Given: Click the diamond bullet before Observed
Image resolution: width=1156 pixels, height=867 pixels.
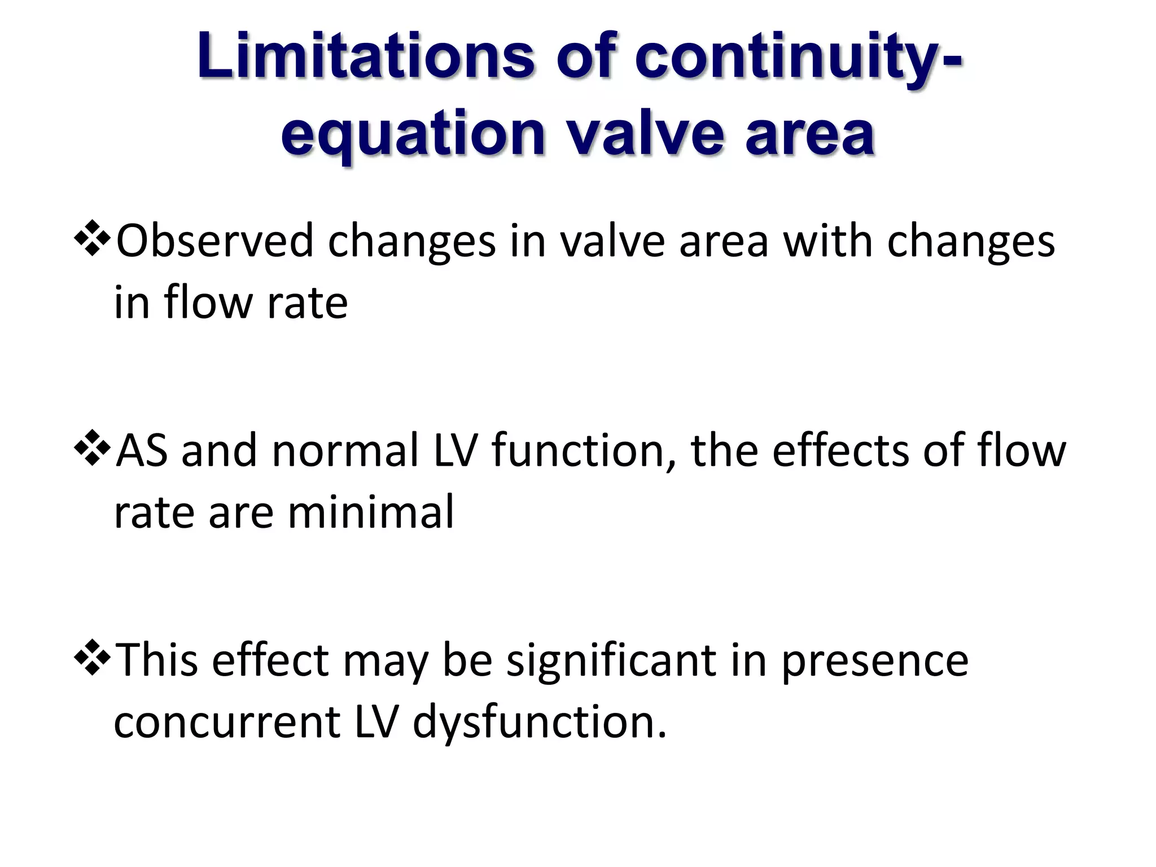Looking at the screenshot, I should click(x=91, y=239).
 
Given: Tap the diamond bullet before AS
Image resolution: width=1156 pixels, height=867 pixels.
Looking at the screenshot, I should click(x=91, y=449).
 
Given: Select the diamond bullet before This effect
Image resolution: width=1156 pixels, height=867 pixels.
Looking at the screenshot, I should click(x=91, y=659).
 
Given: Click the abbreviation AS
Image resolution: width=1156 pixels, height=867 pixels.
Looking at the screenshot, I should click(x=141, y=450).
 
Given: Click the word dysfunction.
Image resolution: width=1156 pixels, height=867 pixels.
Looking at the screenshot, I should click(x=539, y=722).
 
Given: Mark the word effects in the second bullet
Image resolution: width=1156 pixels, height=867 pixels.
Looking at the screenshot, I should click(x=840, y=450).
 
